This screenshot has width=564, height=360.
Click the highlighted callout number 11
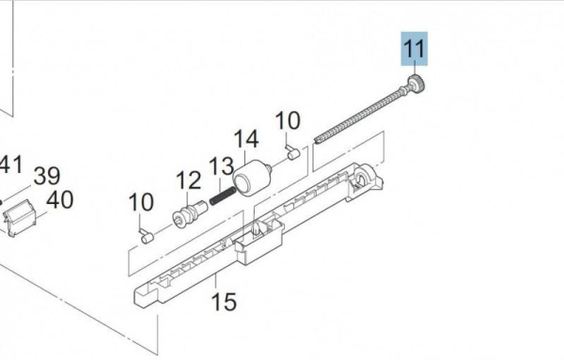point(415,49)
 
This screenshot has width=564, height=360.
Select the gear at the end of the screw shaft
point(416,84)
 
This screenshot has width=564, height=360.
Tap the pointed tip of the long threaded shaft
point(316,139)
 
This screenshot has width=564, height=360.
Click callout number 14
point(246,139)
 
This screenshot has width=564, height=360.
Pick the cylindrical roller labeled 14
point(251,178)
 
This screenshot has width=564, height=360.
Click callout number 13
point(221,166)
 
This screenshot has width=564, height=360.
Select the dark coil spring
point(223,196)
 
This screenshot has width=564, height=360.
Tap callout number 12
point(188,180)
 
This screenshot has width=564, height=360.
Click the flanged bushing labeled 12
point(190,214)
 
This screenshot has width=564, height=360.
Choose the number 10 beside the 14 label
point(288,120)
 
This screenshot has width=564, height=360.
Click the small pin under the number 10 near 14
point(293,152)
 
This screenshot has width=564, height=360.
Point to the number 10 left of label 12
point(141,202)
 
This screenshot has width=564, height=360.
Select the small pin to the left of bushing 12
point(147,236)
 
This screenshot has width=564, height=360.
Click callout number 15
point(224,302)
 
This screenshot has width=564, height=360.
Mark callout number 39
point(47,176)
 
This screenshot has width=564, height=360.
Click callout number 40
point(60,200)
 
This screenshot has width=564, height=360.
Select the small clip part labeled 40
point(20,217)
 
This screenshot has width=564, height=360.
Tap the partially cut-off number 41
point(10,164)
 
